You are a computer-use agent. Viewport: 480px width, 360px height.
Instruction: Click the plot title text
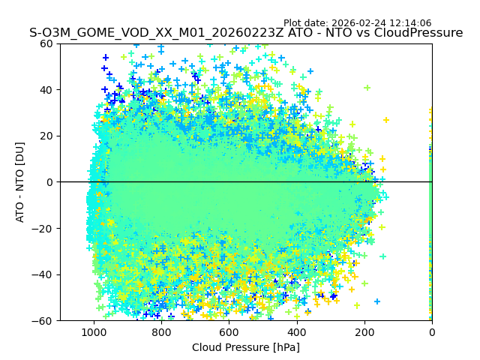tap(246, 33)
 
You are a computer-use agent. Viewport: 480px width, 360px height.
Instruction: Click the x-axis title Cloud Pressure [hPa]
tap(246, 347)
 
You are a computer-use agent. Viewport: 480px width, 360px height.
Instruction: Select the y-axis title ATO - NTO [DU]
tap(20, 182)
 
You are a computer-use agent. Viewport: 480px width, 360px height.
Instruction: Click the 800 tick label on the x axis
tap(161, 331)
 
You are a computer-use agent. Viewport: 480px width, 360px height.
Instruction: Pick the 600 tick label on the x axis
tap(229, 331)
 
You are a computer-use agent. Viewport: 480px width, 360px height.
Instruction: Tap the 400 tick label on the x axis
tap(296, 331)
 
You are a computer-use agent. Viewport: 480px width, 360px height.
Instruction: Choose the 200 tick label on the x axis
tap(364, 331)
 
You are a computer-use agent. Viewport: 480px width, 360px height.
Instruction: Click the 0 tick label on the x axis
tap(432, 331)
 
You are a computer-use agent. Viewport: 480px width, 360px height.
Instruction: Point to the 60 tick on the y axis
tap(46, 43)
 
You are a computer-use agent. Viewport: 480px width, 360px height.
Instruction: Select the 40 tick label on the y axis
tap(46, 90)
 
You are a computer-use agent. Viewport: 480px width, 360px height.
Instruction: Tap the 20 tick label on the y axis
tap(46, 136)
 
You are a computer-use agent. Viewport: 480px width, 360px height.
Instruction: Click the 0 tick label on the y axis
tap(49, 182)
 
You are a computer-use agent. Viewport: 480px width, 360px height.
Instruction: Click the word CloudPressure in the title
tap(422, 33)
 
